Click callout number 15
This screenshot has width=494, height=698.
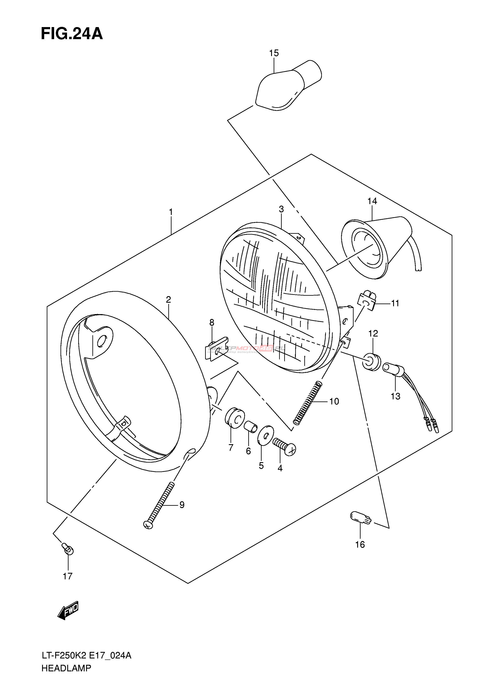coord(274,53)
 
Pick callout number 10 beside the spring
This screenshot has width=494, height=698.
coord(334,402)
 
